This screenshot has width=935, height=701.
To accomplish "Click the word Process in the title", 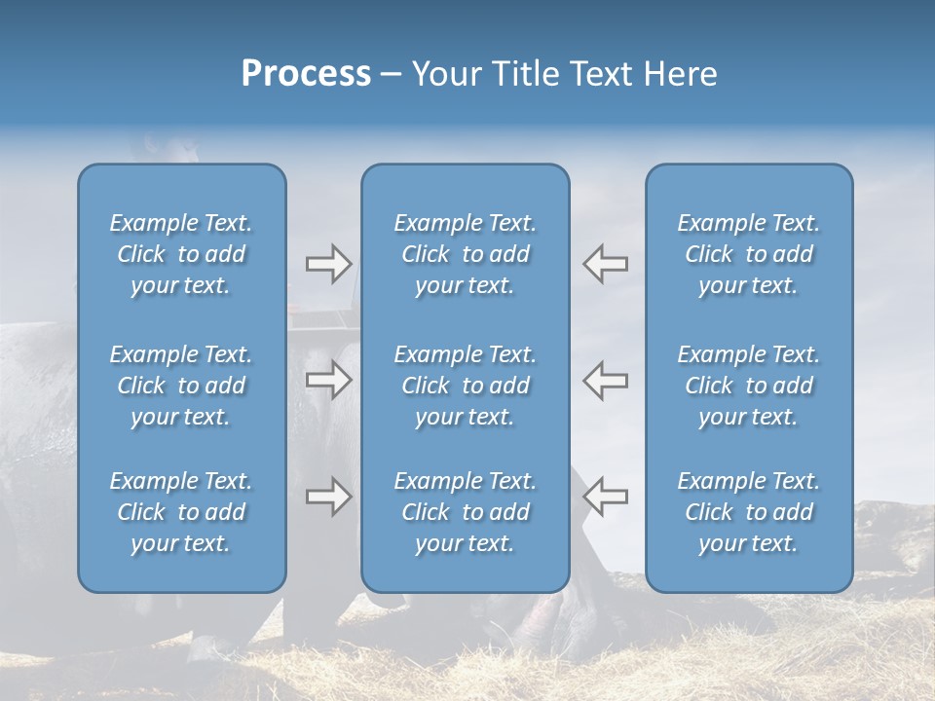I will pos(306,74).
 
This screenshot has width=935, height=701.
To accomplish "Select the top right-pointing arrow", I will pos(328,264).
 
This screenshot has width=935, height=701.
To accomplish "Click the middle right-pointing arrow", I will pos(328,381).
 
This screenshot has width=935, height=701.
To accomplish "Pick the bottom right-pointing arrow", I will pos(328,497).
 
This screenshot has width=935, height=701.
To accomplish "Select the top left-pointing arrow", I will pos(606,264).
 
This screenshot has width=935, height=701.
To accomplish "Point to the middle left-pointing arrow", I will pos(606,381).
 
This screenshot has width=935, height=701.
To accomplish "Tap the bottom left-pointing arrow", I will pos(606,497).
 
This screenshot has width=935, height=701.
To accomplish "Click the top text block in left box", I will pos(181,254).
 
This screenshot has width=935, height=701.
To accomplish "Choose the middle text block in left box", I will pos(181,386).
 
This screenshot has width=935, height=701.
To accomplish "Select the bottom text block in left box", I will pos(181,512).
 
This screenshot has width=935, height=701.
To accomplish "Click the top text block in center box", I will pos(465,254).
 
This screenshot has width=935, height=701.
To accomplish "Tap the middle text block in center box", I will pos(465,386).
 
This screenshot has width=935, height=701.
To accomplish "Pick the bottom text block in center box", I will pos(465,512).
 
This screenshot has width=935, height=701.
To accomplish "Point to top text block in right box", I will pos(748,254).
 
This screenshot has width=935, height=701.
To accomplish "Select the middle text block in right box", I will pos(748,386).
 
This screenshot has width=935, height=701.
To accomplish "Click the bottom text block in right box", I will pos(748,512).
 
